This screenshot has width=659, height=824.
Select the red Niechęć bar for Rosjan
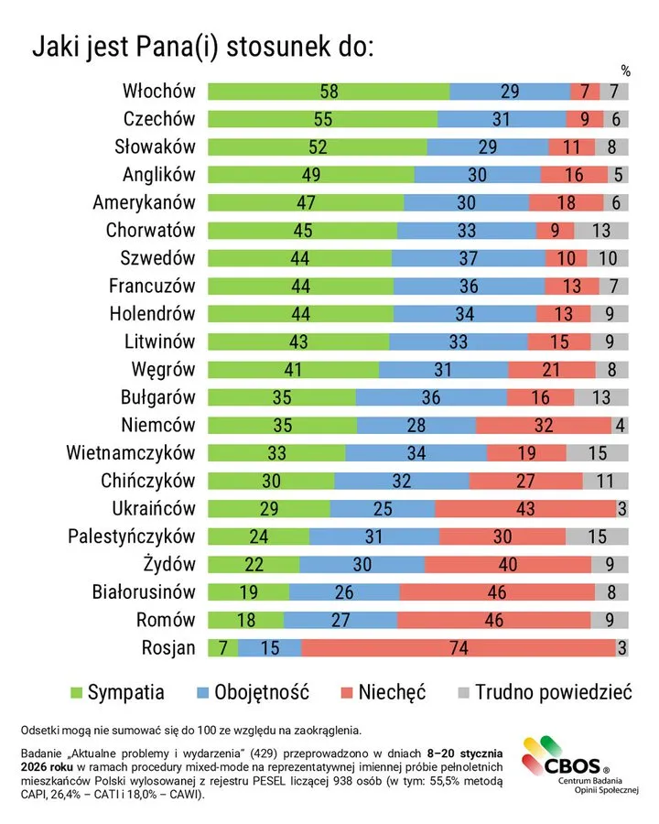click(x=458, y=647)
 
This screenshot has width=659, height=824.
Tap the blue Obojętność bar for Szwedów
click(x=468, y=258)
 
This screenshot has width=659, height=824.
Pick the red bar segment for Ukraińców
click(x=525, y=508)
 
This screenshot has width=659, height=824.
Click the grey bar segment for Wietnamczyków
click(x=597, y=452)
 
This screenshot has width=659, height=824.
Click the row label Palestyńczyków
click(x=132, y=536)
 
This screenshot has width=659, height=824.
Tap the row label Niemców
click(x=158, y=425)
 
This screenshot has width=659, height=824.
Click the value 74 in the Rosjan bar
click(x=458, y=647)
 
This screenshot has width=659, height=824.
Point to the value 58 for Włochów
click(x=329, y=91)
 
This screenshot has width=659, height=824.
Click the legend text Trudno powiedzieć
click(x=554, y=692)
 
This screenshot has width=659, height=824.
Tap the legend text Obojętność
click(x=261, y=692)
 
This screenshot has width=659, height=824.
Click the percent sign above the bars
click(x=625, y=70)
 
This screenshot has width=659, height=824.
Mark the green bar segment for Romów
click(x=245, y=620)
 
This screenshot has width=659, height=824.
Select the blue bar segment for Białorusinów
click(x=344, y=591)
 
